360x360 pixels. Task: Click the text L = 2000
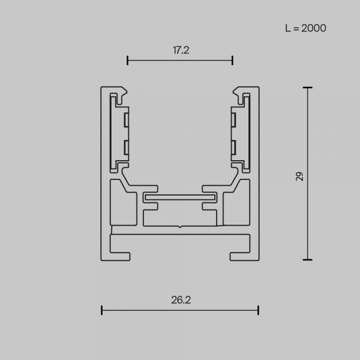[305, 28]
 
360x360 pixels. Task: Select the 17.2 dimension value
[181, 50]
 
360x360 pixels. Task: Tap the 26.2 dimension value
[181, 299]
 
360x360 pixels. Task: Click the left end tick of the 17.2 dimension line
[128, 60]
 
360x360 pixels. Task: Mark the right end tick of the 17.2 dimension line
[232, 60]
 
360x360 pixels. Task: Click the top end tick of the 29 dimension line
[307, 88]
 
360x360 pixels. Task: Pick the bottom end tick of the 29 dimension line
[307, 260]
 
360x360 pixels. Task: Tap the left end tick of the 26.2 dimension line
[102, 310]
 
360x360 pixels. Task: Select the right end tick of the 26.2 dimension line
[258, 310]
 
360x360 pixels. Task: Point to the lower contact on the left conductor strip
[127, 146]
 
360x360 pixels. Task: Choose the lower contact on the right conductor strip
[234, 146]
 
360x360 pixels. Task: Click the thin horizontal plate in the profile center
[180, 196]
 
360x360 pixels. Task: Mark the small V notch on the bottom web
[180, 226]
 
